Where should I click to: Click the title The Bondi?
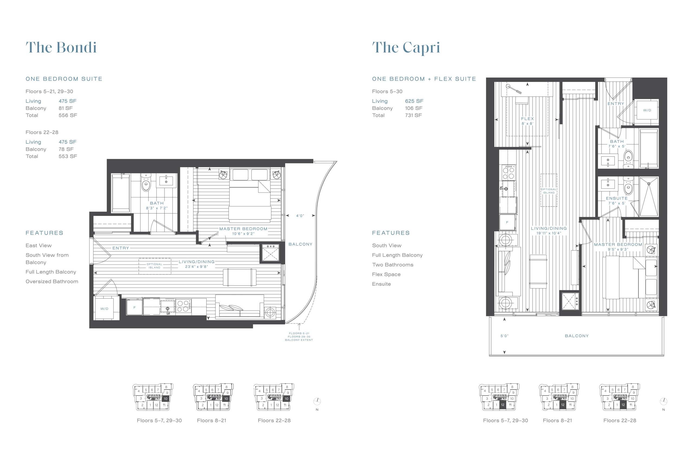click(x=61, y=47)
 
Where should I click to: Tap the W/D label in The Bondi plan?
click(x=104, y=309)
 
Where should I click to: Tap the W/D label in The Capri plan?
click(x=647, y=110)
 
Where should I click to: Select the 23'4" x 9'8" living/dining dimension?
click(x=197, y=266)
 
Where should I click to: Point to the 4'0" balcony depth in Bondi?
click(x=300, y=216)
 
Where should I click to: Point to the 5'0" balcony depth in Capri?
click(x=504, y=336)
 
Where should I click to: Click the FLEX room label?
click(x=527, y=119)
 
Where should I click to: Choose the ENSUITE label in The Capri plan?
click(x=617, y=198)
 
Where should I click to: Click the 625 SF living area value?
click(x=414, y=101)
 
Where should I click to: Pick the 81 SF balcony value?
click(x=66, y=108)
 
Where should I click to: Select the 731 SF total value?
click(x=413, y=115)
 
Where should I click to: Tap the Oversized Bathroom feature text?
click(x=52, y=282)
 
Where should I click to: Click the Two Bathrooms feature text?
click(x=393, y=265)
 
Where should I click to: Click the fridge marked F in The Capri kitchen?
click(x=507, y=223)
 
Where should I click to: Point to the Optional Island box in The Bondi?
click(x=155, y=266)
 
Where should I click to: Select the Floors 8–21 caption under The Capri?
click(x=557, y=420)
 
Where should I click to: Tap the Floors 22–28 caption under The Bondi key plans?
click(x=274, y=420)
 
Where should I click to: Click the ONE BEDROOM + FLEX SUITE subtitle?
click(x=424, y=79)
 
